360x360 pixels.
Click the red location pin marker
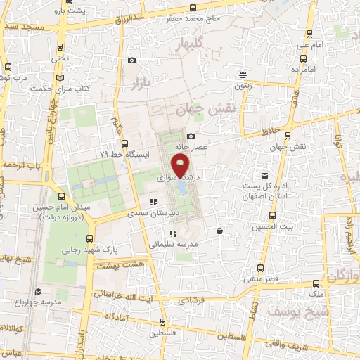181,166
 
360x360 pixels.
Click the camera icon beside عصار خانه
191,136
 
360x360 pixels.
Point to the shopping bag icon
220,231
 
